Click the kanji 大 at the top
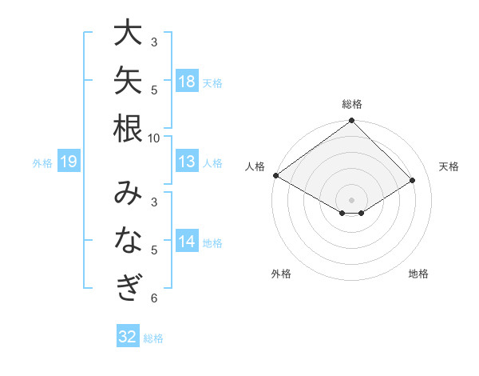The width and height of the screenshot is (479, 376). click(128, 32)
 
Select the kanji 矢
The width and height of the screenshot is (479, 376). click(128, 80)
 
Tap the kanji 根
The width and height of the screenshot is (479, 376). click(128, 128)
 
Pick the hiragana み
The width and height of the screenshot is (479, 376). click(128, 192)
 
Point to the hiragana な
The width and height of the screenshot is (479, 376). click(129, 240)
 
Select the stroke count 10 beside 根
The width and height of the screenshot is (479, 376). click(153, 138)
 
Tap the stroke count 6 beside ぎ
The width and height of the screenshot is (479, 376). click(154, 298)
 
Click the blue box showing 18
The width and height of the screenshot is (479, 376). click(187, 81)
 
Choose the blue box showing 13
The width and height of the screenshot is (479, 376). click(187, 161)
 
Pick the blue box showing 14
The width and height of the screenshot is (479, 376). click(187, 240)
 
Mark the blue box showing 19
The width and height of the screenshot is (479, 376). click(69, 161)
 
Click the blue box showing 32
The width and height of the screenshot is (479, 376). click(128, 335)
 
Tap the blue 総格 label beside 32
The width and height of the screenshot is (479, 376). click(153, 338)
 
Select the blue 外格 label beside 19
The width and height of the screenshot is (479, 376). click(42, 163)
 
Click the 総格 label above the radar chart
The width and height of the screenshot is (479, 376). click(352, 104)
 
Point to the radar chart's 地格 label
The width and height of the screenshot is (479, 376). click(418, 274)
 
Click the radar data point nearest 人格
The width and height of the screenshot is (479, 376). click(276, 175)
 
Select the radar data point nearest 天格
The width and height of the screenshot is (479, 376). click(413, 180)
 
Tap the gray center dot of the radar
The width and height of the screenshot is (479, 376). click(351, 200)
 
